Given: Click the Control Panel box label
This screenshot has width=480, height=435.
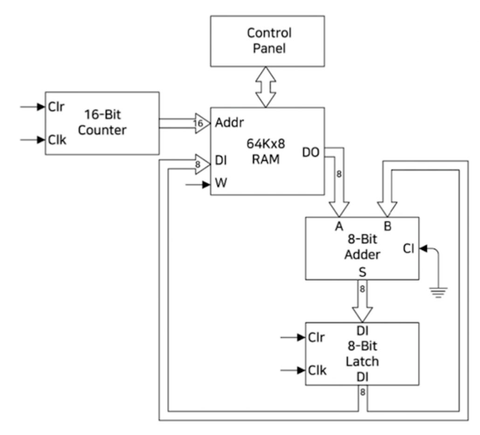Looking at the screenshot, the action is tap(269, 41).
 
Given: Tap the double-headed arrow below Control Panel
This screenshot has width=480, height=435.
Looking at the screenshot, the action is tap(266, 87).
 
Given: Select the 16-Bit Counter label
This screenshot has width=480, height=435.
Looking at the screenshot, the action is tap(102, 122).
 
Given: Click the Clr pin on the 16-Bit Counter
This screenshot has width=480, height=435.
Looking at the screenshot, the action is tap(56, 107).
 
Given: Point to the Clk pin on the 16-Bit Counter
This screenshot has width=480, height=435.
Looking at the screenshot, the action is tap(57, 140).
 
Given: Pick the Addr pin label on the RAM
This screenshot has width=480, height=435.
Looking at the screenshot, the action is tap(229, 122).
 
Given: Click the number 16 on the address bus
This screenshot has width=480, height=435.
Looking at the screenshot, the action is tap(198, 123).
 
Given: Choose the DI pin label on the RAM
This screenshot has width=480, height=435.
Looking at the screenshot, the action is tap(221, 160).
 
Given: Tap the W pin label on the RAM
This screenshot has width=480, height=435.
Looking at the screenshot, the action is tap(221, 183).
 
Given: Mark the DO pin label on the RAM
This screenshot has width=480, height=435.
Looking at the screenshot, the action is tap(311, 152).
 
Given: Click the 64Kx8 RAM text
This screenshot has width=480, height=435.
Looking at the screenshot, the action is tap(266, 151).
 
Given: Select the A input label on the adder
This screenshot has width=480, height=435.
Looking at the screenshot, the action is tap(339, 226).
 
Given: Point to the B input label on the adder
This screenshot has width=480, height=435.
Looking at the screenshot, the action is tap(388, 226).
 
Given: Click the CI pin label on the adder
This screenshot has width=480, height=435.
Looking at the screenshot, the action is tap(409, 249).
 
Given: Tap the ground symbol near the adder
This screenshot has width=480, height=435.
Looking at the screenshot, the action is tap(439, 292).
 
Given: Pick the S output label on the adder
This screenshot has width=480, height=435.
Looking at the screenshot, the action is tap(363, 272).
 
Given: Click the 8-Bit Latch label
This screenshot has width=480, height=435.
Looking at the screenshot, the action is tap(363, 353).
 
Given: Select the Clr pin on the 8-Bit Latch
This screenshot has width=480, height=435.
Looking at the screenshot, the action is tap(316, 337).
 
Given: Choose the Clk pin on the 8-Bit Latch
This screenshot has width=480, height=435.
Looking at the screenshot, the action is tap(317, 370).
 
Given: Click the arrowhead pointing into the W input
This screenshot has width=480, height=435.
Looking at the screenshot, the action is tap(206, 184).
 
